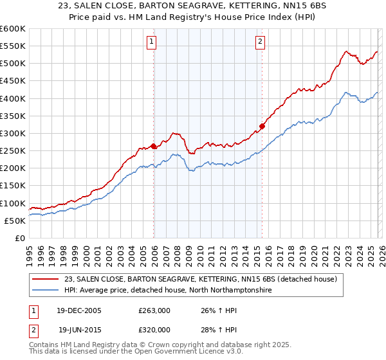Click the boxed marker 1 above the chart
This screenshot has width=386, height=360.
tap(152, 42)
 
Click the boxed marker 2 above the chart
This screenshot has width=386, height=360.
tap(260, 42)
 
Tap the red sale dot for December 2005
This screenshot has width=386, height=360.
tap(153, 146)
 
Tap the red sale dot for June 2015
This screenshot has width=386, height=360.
tap(262, 126)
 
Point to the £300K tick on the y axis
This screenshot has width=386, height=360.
tap(12, 133)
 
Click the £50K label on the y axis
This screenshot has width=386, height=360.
tap(14, 221)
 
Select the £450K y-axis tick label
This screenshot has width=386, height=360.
tap(12, 81)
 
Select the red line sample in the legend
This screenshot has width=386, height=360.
tap(47, 279)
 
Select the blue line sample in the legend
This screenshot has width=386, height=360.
tap(47, 291)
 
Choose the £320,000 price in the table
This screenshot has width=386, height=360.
tap(154, 330)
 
